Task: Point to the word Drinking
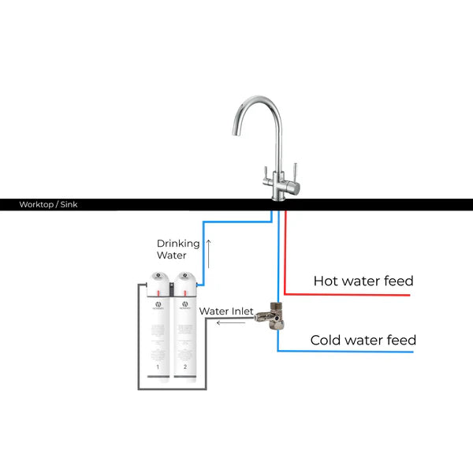click(x=178, y=243)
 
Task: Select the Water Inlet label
click(x=225, y=311)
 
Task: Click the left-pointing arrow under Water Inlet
click(x=230, y=322)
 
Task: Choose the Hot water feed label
click(x=363, y=281)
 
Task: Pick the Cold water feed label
click(x=363, y=341)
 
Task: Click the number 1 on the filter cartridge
click(x=158, y=367)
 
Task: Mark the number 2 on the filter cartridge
click(x=184, y=367)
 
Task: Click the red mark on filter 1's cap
click(x=158, y=290)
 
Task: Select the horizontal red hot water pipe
click(x=347, y=295)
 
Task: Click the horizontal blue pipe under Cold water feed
click(x=347, y=352)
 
